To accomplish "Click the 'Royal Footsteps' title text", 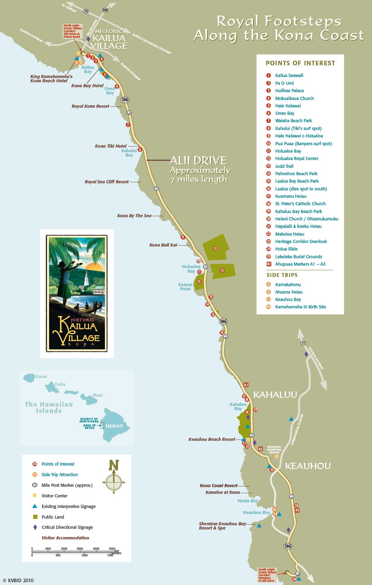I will pyautogui.click(x=279, y=21).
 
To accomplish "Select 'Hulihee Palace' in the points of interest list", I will pyautogui.click(x=289, y=91).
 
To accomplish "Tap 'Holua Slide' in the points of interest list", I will pyautogui.click(x=286, y=249).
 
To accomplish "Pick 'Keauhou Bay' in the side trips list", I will pyautogui.click(x=288, y=300).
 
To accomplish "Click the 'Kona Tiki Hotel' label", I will pyautogui.click(x=111, y=146).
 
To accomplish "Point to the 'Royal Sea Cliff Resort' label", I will pyautogui.click(x=107, y=182).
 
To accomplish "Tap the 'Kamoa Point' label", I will pyautogui.click(x=185, y=286).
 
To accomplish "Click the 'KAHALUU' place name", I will pyautogui.click(x=275, y=395).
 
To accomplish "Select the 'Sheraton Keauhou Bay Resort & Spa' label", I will pyautogui.click(x=222, y=526).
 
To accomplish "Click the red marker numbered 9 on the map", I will pyautogui.click(x=183, y=237).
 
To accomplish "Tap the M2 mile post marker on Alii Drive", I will pyautogui.click(x=157, y=189).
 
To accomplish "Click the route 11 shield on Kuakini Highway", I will pyautogui.click(x=303, y=343).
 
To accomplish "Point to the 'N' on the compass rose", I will pyautogui.click(x=114, y=465).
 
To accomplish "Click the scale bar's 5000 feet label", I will pyautogui.click(x=112, y=549).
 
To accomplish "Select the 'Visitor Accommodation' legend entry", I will pyautogui.click(x=65, y=538).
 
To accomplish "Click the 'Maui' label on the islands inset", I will pyautogui.click(x=98, y=395).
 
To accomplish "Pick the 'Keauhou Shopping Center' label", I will pyautogui.click(x=274, y=449).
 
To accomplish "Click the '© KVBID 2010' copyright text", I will pyautogui.click(x=18, y=580).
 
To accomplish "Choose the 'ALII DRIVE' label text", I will pyautogui.click(x=198, y=161).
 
